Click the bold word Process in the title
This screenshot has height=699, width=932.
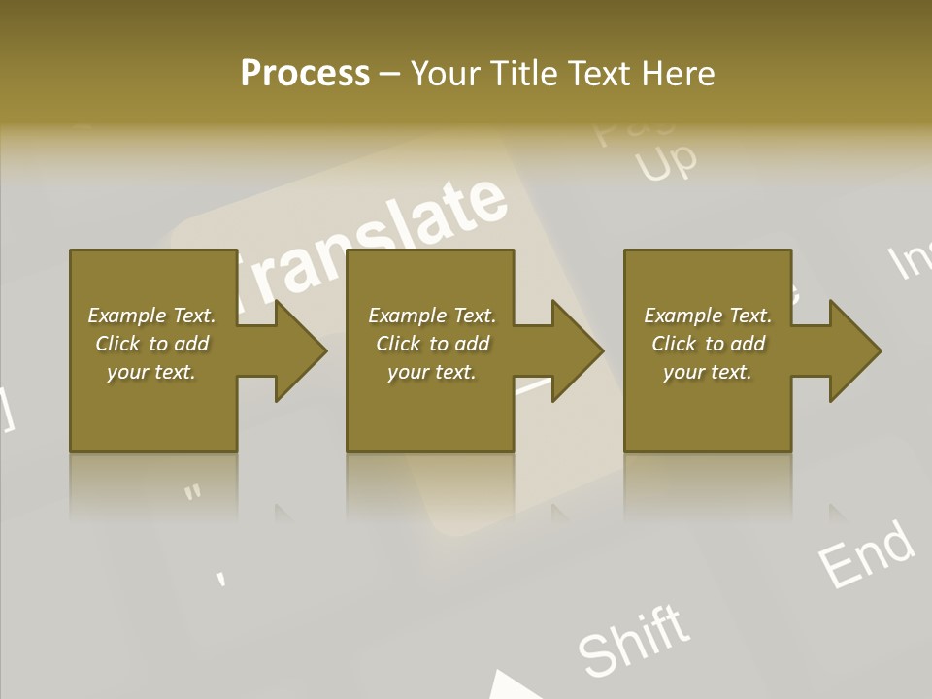click(305, 73)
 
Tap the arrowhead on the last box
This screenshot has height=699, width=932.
click(849, 350)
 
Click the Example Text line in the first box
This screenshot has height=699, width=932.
click(151, 316)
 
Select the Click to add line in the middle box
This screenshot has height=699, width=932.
click(432, 344)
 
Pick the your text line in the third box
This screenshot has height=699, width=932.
click(708, 372)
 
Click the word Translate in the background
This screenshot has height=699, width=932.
click(379, 243)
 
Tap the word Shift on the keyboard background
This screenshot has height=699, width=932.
click(635, 641)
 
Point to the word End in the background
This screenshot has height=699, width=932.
click(866, 554)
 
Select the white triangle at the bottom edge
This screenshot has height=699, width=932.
click(510, 685)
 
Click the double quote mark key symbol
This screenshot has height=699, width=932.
click(193, 493)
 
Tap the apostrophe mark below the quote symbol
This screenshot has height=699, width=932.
click(221, 579)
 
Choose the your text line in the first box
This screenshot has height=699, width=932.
click(151, 372)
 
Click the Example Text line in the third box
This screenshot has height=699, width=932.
click(708, 316)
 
